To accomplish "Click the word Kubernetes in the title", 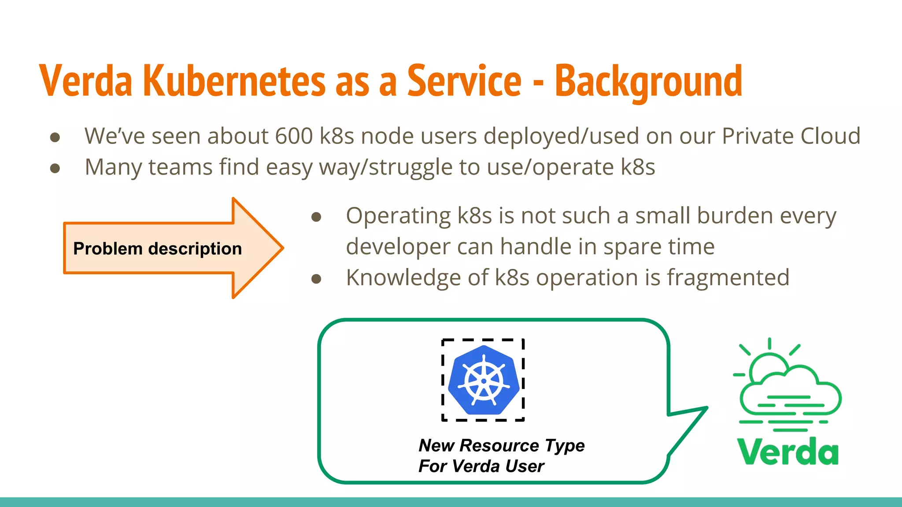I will [234, 81].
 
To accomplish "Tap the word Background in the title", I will [648, 81].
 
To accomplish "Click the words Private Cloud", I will [791, 136].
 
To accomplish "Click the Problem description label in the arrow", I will [157, 249].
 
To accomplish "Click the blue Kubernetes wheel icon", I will [483, 380].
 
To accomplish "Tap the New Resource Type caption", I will [501, 445].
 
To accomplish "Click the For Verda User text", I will [481, 466].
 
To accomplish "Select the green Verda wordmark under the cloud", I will [787, 452].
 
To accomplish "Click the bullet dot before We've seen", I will [55, 137].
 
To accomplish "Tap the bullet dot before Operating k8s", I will [316, 217].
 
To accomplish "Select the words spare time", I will [658, 246].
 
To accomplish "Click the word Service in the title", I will [464, 81].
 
